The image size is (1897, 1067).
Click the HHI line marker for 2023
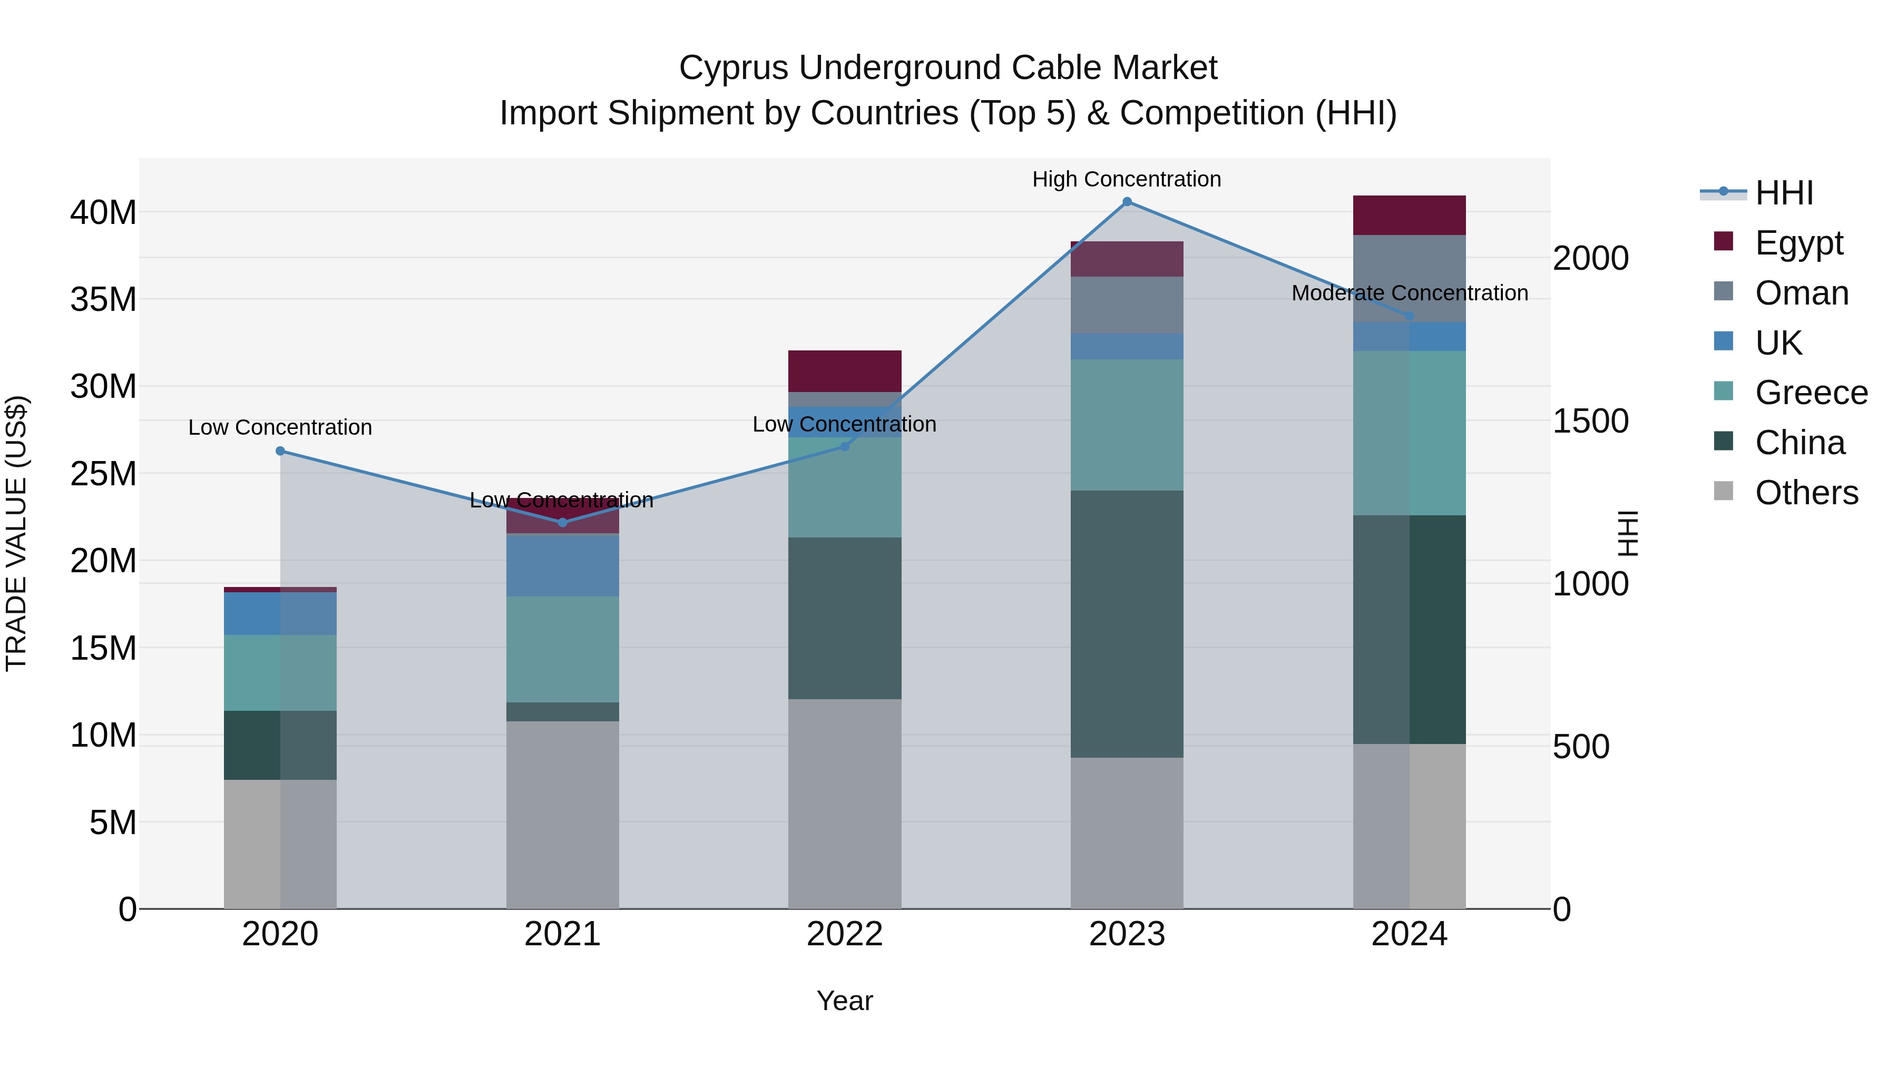point(1127,202)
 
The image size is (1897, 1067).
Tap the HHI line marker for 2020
point(280,451)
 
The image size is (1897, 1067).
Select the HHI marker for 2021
point(563,522)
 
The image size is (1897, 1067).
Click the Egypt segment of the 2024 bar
point(1410,215)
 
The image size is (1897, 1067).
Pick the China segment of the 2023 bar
point(1127,624)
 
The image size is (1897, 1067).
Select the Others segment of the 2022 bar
point(845,804)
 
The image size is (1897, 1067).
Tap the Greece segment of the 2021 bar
point(563,649)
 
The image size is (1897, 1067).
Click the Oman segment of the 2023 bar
point(1127,305)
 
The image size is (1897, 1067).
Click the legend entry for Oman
point(1801,293)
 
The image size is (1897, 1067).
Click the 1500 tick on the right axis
point(1591,421)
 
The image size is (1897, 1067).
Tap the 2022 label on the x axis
point(845,934)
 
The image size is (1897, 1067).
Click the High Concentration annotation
point(1127,179)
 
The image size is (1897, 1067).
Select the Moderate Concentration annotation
point(1410,293)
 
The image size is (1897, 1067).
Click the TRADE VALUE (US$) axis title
point(16,533)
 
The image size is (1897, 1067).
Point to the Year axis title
point(845,1001)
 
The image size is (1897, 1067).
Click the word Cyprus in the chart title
point(734,68)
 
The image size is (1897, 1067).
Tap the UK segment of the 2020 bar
point(280,613)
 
